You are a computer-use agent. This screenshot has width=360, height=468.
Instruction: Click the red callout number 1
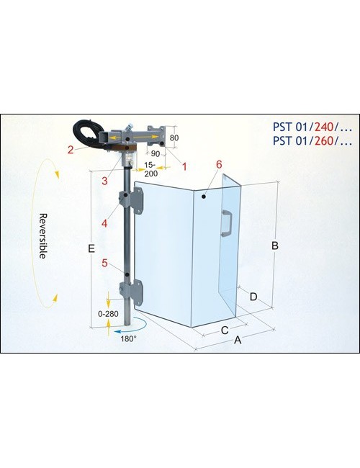[x=184, y=166]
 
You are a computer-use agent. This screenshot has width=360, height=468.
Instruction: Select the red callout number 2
[x=71, y=150]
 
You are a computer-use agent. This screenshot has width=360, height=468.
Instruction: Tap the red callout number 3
[x=104, y=181]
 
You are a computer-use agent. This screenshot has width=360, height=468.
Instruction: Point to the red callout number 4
[x=104, y=223]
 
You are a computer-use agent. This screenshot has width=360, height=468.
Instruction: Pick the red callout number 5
[x=104, y=264]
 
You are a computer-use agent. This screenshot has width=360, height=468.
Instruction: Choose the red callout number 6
[x=219, y=164]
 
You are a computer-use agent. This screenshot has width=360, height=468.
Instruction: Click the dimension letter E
[x=91, y=248]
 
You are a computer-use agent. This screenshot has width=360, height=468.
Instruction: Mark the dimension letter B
[x=274, y=246]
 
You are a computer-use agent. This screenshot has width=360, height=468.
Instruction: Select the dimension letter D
[x=253, y=297]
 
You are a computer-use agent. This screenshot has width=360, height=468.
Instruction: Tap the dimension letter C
[x=225, y=330]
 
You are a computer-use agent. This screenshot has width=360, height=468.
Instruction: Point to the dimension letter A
[x=238, y=340]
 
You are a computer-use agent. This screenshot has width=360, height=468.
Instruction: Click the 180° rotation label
[x=129, y=339]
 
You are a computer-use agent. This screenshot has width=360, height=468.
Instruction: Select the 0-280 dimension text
[x=108, y=314]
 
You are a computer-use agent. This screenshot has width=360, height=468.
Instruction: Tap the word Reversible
[x=43, y=235]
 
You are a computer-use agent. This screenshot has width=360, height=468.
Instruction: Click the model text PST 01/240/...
[x=312, y=127]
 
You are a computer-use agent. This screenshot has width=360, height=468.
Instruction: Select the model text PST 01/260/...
[x=312, y=140]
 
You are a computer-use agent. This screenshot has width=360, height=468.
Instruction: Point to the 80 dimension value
[x=174, y=138]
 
